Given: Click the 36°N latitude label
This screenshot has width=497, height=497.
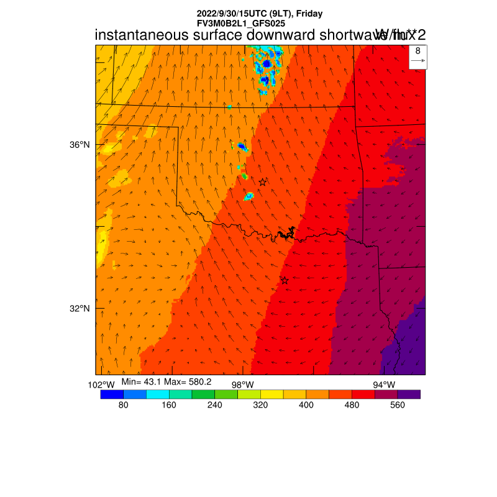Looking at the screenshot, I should pyautogui.click(x=79, y=145).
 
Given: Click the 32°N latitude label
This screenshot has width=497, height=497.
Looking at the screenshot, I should pyautogui.click(x=79, y=309).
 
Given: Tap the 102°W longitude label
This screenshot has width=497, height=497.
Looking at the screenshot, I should pyautogui.click(x=101, y=385).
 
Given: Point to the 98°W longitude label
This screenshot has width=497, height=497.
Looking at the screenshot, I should pyautogui.click(x=242, y=385).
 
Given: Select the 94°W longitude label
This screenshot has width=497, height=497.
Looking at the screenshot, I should pyautogui.click(x=383, y=385).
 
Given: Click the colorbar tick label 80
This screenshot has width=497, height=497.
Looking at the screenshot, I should pyautogui.click(x=123, y=405).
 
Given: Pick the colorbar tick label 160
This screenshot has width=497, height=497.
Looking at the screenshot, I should pyautogui.click(x=169, y=405).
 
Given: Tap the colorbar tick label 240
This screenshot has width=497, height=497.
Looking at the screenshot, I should pyautogui.click(x=214, y=405).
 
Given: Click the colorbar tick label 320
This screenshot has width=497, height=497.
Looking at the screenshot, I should pyautogui.click(x=260, y=405).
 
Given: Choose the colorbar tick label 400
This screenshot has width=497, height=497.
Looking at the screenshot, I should pyautogui.click(x=306, y=405).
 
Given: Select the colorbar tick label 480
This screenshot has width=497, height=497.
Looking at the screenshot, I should pyautogui.click(x=352, y=405).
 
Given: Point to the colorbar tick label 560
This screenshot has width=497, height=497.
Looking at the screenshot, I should pyautogui.click(x=398, y=405).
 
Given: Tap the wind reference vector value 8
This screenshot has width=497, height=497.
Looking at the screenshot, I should pyautogui.click(x=417, y=51).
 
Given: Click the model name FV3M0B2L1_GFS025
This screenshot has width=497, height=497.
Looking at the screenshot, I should pyautogui.click(x=241, y=22).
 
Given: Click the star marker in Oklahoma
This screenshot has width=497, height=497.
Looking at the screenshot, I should pyautogui.click(x=263, y=182).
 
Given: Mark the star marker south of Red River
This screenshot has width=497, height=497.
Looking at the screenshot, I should pyautogui.click(x=285, y=280).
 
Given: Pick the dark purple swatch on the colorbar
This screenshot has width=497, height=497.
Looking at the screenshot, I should pyautogui.click(x=409, y=394).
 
